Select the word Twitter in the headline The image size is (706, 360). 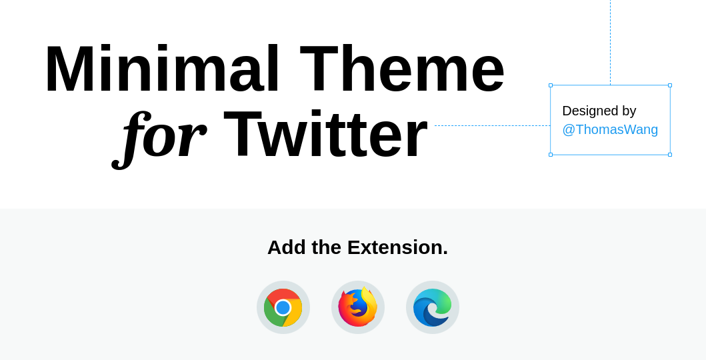click(x=325, y=133)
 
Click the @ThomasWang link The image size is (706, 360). click(x=610, y=129)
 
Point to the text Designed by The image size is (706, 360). click(x=599, y=111)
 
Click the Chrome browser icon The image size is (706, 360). click(x=283, y=307)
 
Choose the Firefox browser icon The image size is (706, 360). click(x=358, y=307)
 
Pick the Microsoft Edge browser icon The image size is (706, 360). click(x=433, y=307)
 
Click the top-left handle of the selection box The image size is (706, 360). click(x=551, y=85)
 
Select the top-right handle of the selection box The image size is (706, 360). click(x=670, y=85)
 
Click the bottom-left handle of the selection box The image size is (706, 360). click(x=551, y=155)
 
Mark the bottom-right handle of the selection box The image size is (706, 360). click(x=670, y=155)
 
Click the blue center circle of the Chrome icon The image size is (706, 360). click(x=283, y=308)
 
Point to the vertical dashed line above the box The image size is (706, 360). click(x=611, y=42)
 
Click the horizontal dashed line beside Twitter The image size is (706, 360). click(x=492, y=125)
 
